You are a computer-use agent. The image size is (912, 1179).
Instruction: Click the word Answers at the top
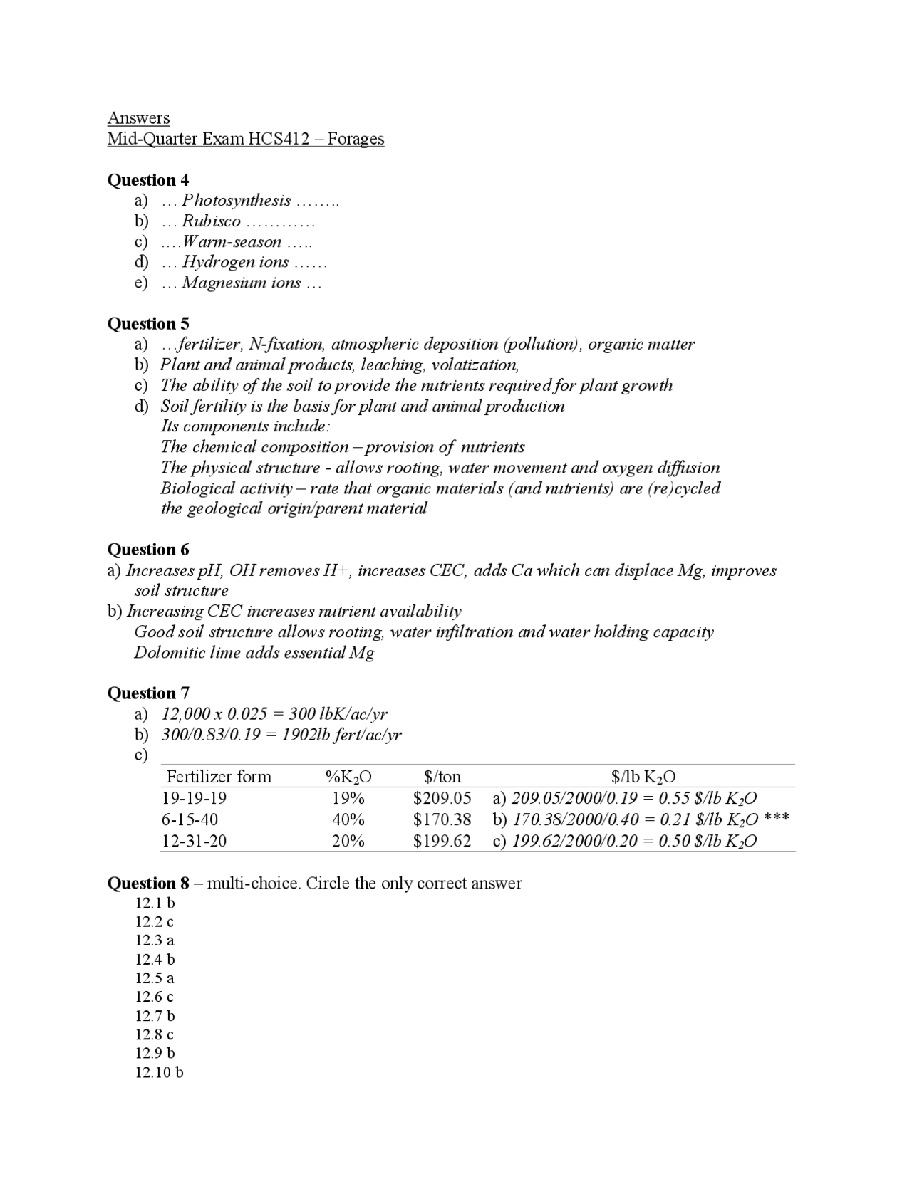pyautogui.click(x=138, y=117)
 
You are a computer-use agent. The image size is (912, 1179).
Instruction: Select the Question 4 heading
pyautogui.click(x=147, y=180)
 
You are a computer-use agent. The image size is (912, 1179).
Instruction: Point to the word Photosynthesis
pyautogui.click(x=236, y=201)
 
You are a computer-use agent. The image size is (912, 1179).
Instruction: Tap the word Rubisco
pyautogui.click(x=211, y=221)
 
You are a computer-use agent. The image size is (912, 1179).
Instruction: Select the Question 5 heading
pyautogui.click(x=147, y=324)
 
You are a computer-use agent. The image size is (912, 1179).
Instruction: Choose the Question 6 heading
pyautogui.click(x=147, y=550)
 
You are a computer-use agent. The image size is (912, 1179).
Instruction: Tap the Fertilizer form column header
pyautogui.click(x=219, y=776)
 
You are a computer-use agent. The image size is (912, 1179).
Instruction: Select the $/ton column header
pyautogui.click(x=442, y=776)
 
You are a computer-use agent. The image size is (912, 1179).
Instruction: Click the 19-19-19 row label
pyautogui.click(x=194, y=798)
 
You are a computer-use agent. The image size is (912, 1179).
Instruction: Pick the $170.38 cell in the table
pyautogui.click(x=442, y=819)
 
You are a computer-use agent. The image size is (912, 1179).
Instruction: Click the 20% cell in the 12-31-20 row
pyautogui.click(x=348, y=841)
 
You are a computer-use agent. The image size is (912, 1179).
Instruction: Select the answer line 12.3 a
pyautogui.click(x=155, y=940)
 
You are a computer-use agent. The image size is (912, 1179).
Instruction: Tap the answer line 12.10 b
pyautogui.click(x=159, y=1072)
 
